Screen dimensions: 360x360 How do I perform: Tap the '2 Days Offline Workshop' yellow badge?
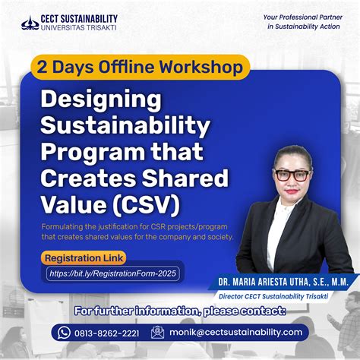pos(141,67)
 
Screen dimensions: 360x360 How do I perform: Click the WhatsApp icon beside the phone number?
pos(65,332)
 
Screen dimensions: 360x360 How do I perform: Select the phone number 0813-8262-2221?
pos(106,332)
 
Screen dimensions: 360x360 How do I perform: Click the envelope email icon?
pos(157,332)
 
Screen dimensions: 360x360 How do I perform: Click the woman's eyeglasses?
pos(292,175)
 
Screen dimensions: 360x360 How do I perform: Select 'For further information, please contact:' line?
pos(179,311)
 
